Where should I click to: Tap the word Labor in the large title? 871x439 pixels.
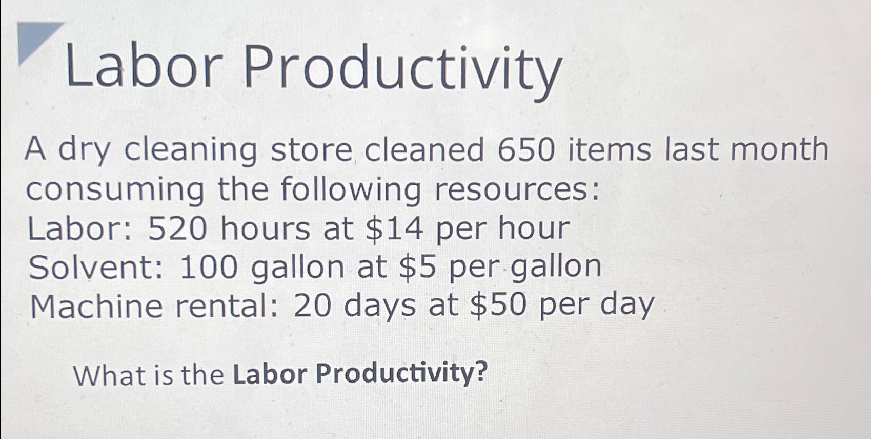144,67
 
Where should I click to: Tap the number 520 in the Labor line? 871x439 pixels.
177,228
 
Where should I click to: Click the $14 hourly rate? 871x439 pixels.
394,228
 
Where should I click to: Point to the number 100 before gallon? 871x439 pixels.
209,268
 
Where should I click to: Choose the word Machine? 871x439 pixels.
96,307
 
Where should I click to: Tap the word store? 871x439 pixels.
312,150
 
